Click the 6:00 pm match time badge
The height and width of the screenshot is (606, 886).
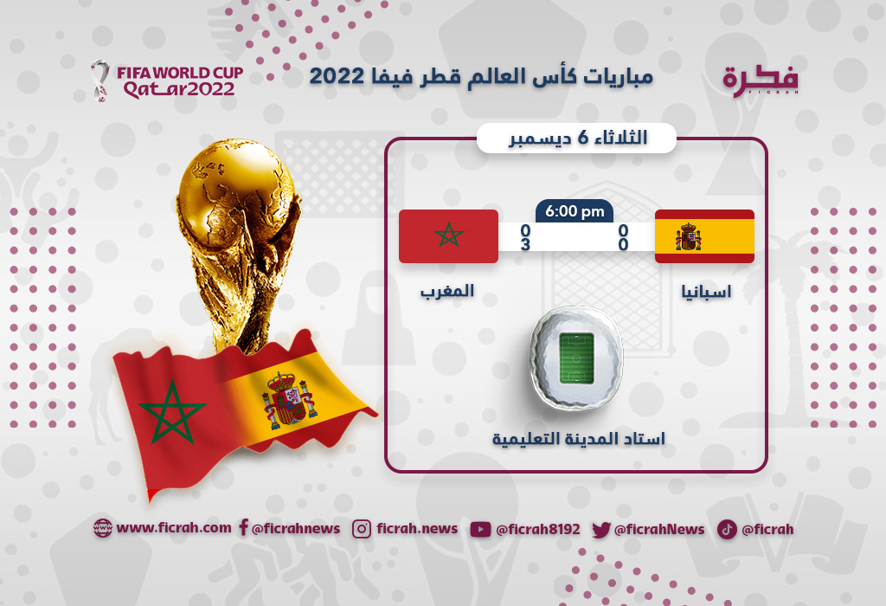pos(575,211)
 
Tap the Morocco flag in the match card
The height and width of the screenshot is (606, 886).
pos(449,236)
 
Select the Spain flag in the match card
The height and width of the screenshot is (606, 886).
pos(704,236)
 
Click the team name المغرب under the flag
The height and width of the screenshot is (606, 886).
pos(447,291)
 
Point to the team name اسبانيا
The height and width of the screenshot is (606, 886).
pos(706,291)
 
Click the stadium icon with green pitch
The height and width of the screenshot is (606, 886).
pos(575,358)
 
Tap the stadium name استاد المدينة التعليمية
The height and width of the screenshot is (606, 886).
pos(578,439)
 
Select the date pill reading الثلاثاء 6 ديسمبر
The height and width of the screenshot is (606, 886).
pos(577,138)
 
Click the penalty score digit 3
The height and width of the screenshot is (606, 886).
pos(525,244)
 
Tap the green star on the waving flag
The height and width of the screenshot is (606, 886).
pos(171,411)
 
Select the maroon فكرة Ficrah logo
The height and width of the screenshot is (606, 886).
pos(761,81)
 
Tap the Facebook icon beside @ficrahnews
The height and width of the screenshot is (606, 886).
pos(243,527)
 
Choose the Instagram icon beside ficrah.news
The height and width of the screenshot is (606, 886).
pos(362,529)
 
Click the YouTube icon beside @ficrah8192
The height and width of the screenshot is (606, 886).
pos(480,529)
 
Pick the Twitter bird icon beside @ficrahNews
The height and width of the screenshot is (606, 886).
pos(601,530)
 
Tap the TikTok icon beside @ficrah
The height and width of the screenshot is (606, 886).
pos(727,529)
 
